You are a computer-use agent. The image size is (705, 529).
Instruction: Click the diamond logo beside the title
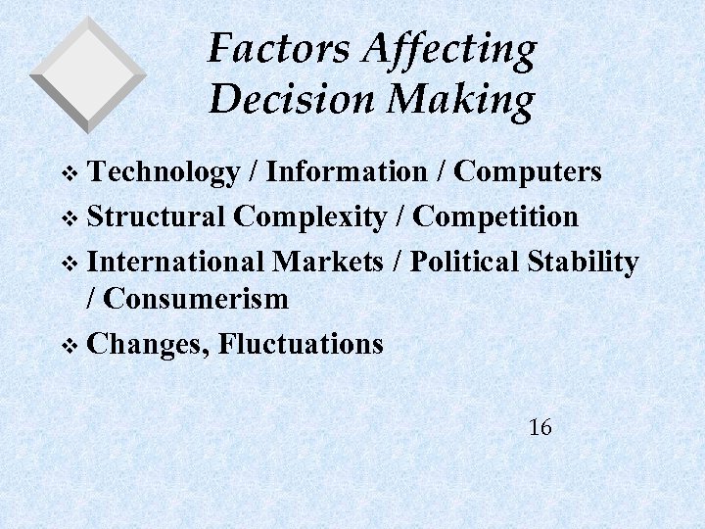(87, 72)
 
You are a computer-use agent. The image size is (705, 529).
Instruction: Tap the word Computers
(528, 173)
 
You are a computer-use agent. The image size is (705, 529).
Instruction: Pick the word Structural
(158, 216)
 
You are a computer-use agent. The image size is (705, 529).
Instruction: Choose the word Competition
(497, 217)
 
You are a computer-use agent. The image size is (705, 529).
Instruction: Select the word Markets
(328, 262)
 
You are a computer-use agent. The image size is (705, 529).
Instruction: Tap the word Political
(464, 262)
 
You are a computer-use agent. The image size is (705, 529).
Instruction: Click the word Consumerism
(197, 299)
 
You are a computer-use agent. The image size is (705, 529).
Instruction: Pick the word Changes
(148, 345)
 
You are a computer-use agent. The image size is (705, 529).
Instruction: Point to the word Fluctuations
(302, 344)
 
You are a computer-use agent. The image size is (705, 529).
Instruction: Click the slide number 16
(540, 427)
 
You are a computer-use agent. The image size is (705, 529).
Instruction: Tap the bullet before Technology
(68, 174)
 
